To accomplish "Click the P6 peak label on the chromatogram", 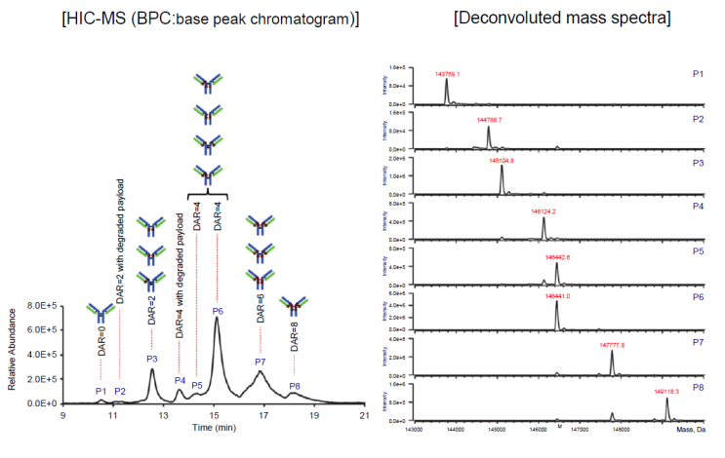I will point(218,311).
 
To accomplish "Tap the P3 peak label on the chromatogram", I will point(152,359).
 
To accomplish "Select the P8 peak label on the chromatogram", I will point(295,387).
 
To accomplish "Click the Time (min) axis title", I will point(214,428).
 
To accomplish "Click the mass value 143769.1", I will point(447,72).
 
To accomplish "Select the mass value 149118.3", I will point(667,392).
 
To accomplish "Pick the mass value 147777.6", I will point(613,345).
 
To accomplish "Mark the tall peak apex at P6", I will point(216,318).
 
